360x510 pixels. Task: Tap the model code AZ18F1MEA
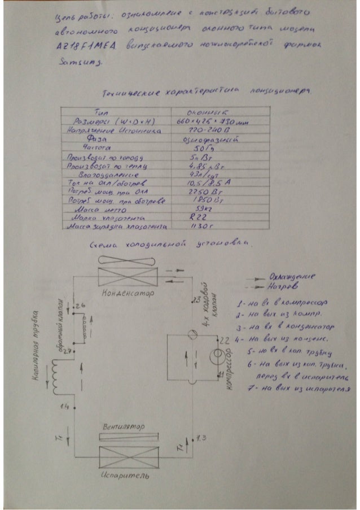(78, 50)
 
